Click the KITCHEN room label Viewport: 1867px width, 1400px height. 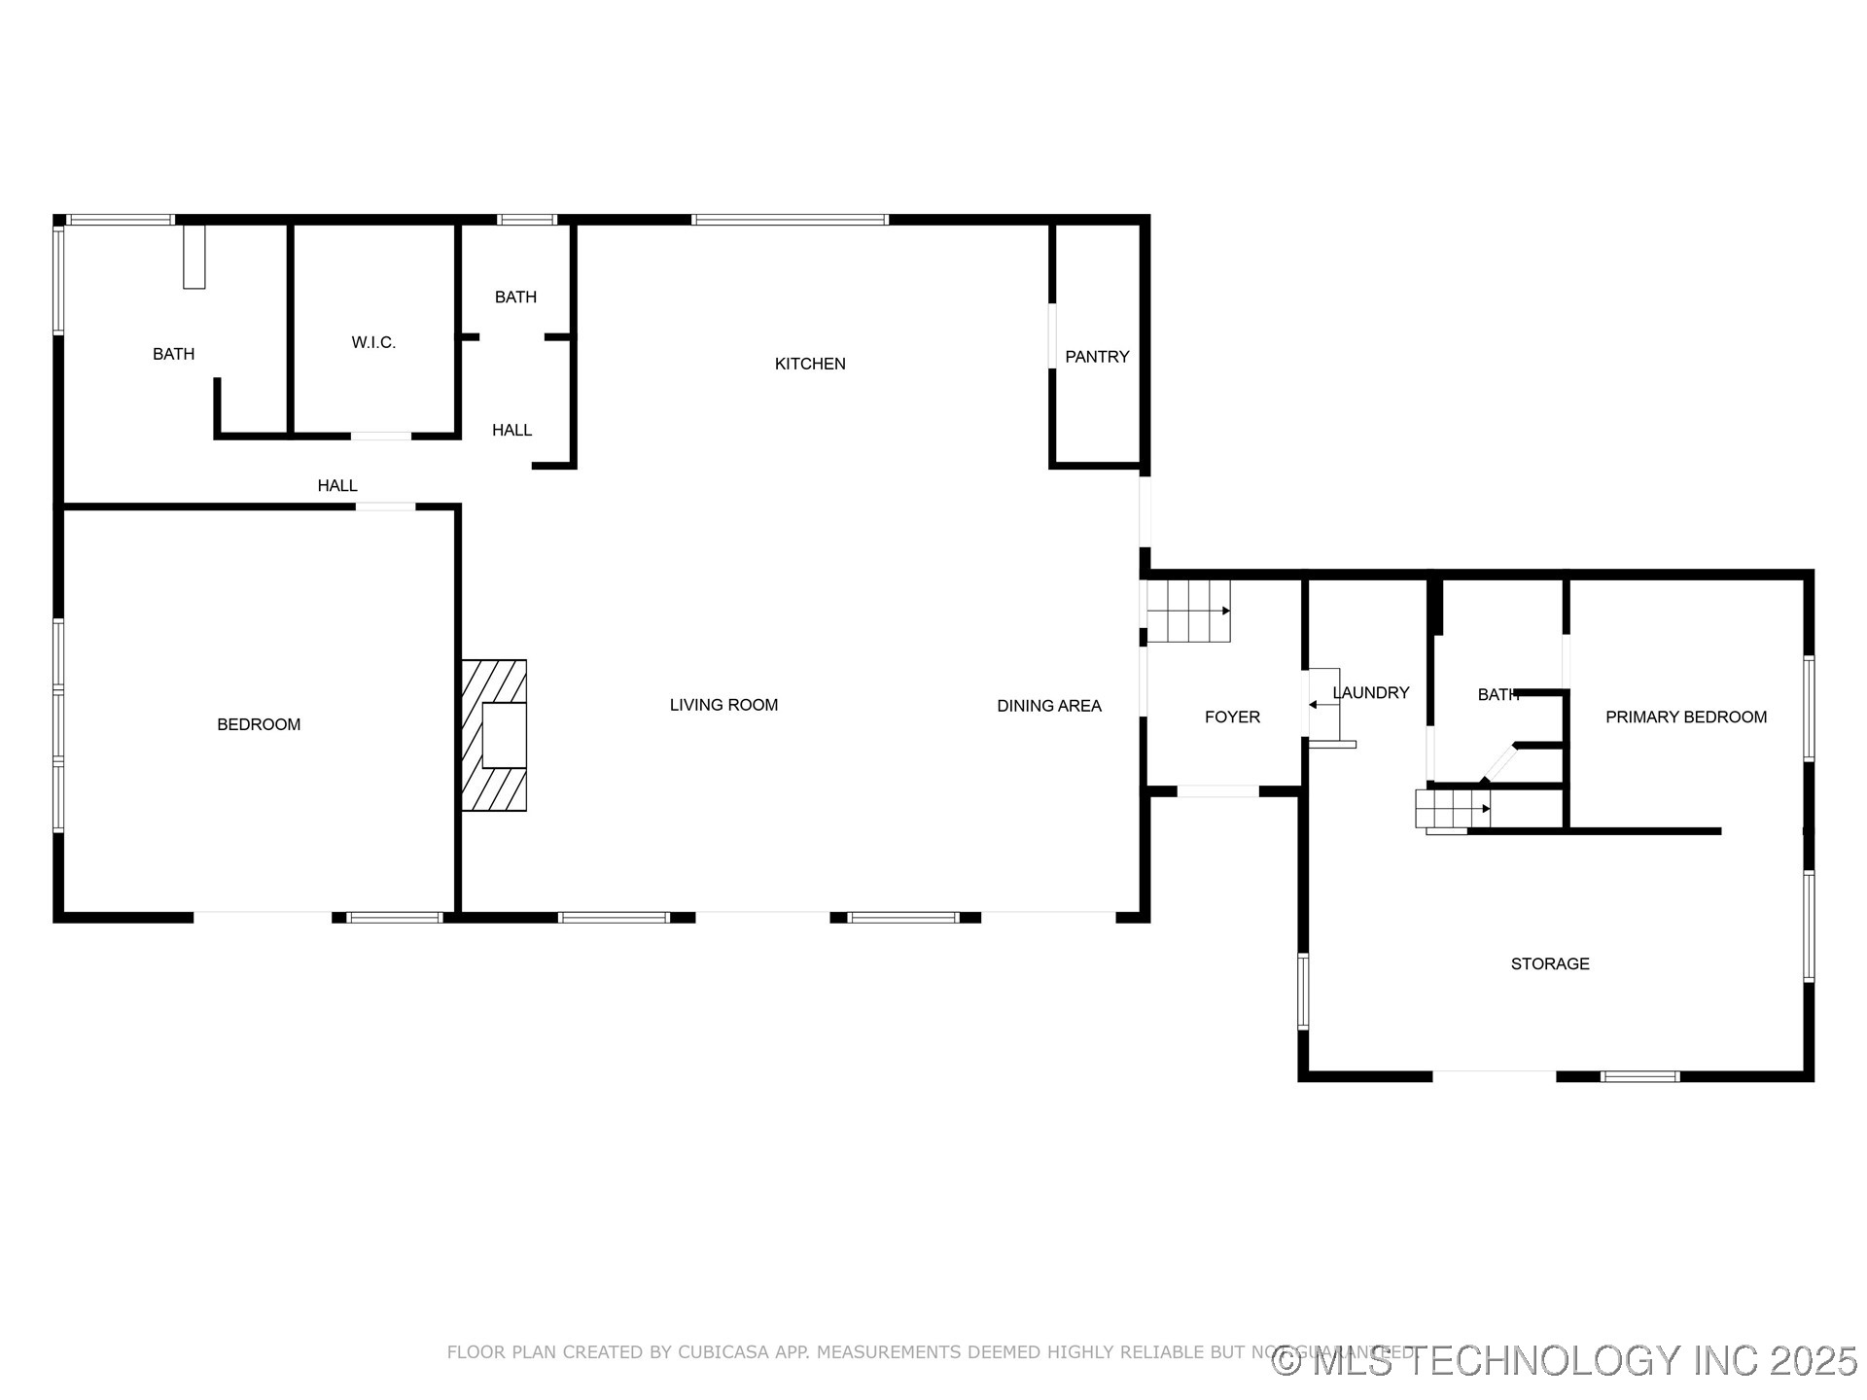pos(809,364)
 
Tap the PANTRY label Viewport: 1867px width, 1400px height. pos(1096,357)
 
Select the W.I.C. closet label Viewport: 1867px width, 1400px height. pos(373,342)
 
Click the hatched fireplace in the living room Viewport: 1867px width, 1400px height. pos(494,735)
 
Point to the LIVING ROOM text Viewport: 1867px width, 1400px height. pos(723,705)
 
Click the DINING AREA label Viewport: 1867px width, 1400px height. pos(1048,706)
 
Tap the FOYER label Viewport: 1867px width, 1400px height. pos(1231,717)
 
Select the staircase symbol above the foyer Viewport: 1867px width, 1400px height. pos(1188,612)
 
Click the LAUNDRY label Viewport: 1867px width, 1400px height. pos(1371,692)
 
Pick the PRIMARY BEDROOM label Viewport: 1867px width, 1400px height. pos(1685,717)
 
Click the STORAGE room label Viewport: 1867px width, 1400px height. pos(1549,963)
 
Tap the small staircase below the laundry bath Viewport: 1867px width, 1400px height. pos(1452,809)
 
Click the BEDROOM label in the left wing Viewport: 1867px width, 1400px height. pos(259,724)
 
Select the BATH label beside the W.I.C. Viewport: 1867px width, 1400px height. pos(173,354)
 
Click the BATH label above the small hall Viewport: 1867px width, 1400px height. pos(515,297)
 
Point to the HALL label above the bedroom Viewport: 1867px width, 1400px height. pos(336,485)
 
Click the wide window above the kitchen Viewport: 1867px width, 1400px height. pos(790,220)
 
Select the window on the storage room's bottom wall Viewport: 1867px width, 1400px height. pos(1639,1076)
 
